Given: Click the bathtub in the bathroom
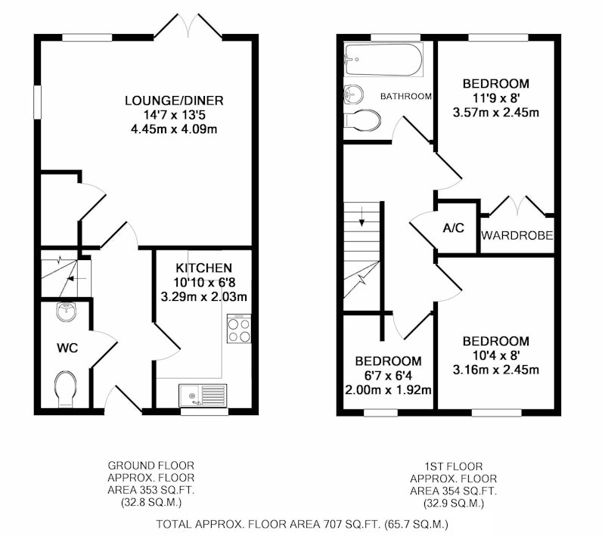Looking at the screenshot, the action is click(383, 60).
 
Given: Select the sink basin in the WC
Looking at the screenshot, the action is click(67, 311).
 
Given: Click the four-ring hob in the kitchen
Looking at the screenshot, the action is click(239, 328).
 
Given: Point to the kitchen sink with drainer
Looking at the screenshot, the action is click(203, 395).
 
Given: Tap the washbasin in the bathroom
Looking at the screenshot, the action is click(353, 94).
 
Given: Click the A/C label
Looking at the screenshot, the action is click(453, 228).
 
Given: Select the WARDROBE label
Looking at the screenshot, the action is click(517, 235).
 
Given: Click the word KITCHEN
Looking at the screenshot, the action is click(203, 268).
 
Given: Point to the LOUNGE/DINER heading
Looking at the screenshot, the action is click(174, 101).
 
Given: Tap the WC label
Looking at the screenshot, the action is click(67, 349).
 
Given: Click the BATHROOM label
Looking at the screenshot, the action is click(406, 96).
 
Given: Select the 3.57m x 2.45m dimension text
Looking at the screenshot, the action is click(496, 113).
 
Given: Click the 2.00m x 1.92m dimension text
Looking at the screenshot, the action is click(388, 390).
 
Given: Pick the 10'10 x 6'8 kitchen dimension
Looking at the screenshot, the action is click(204, 283).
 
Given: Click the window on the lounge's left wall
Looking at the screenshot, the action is click(37, 102).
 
